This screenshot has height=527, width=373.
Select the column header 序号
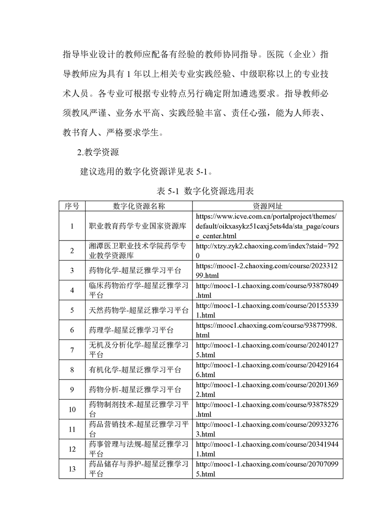coord(72,206)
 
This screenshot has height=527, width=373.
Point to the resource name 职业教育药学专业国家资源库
coord(138,226)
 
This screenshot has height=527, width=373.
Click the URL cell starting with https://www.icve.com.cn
coord(267,226)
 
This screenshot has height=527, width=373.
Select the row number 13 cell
coord(72,469)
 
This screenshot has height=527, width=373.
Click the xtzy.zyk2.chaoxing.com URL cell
coord(267,251)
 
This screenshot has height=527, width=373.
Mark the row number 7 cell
coord(72,350)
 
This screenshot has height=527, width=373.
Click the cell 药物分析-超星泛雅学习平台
coord(135,390)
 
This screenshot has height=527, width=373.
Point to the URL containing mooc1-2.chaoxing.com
coord(267,271)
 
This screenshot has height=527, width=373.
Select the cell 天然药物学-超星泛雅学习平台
coord(139,310)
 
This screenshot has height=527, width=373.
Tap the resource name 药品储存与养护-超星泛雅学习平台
coord(139,469)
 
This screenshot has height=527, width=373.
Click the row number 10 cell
coord(72,410)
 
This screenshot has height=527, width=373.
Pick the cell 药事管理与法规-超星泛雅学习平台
coord(139,449)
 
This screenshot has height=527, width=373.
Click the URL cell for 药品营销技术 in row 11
coord(267,429)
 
